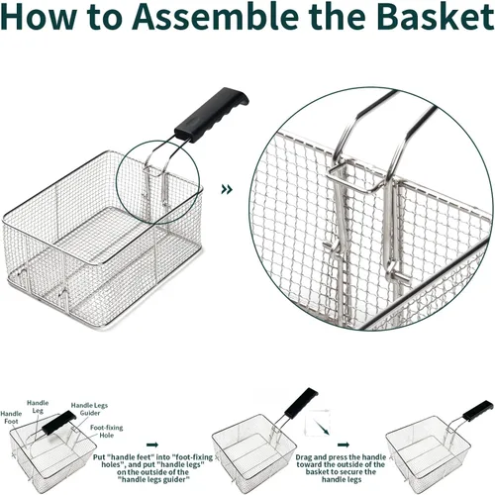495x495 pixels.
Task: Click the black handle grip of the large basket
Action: [x=211, y=115]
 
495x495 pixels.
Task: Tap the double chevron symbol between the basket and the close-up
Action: [x=227, y=189]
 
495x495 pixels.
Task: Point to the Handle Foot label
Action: [x=11, y=418]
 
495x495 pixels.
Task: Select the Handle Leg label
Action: [x=38, y=407]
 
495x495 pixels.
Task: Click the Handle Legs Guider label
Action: [x=89, y=409]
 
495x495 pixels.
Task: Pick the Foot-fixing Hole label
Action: [x=106, y=432]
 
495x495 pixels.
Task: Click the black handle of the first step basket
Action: [x=59, y=423]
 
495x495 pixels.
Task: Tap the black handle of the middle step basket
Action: [x=301, y=403]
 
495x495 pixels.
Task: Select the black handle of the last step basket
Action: [x=478, y=411]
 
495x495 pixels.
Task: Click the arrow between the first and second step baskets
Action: [x=152, y=445]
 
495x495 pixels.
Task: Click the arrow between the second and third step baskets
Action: [x=344, y=445]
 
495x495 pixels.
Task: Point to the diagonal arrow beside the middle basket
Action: [x=322, y=427]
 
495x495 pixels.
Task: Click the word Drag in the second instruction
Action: [x=304, y=457]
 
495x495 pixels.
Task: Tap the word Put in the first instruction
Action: [x=99, y=457]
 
